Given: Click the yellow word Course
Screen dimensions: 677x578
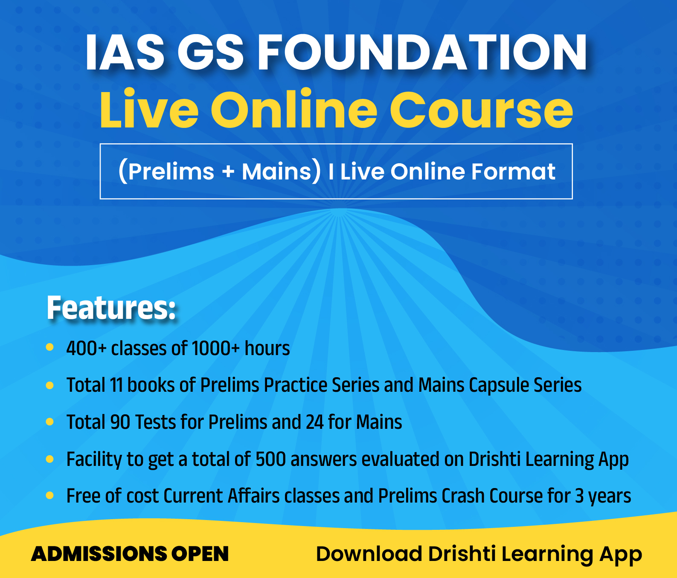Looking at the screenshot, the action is [x=481, y=110].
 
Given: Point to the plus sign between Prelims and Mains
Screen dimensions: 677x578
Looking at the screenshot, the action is [x=228, y=172].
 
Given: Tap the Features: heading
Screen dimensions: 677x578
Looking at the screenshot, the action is [x=111, y=308].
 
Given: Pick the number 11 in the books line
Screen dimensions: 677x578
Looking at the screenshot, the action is [x=116, y=385].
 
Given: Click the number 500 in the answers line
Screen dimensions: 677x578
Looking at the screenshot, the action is [x=270, y=460].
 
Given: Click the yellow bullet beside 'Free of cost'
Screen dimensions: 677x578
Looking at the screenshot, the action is [x=49, y=496].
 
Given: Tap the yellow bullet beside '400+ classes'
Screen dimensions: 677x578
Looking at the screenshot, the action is [x=49, y=347].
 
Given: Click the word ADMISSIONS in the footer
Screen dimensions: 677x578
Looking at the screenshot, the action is [x=99, y=554].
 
